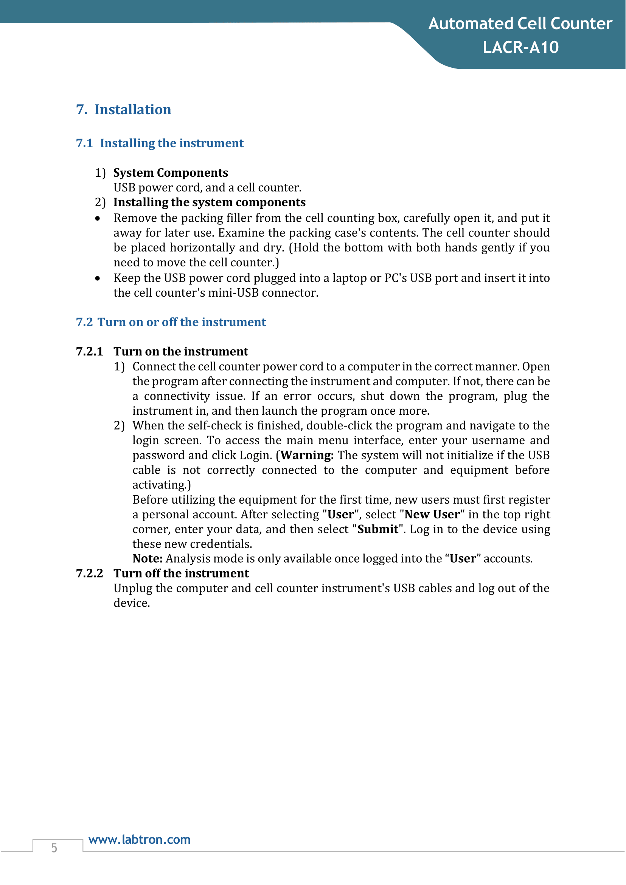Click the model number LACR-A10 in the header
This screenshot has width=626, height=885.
tap(520, 47)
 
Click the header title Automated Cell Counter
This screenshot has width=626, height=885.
tap(520, 24)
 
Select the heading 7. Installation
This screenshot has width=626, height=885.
tap(123, 109)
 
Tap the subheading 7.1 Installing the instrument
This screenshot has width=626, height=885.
tap(160, 143)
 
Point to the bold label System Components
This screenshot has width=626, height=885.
tap(170, 173)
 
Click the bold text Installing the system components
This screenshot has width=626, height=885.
tap(209, 202)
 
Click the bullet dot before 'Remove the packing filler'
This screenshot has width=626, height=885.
tap(98, 219)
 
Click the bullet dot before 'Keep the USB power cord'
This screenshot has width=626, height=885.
tap(98, 278)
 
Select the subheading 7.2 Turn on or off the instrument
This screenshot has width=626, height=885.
tap(171, 322)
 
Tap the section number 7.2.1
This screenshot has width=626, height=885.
tap(89, 351)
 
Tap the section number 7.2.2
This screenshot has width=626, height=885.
tap(89, 574)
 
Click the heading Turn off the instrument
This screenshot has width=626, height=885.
tap(181, 574)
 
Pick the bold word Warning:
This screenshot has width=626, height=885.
tap(307, 456)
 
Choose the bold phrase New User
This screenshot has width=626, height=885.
tap(432, 515)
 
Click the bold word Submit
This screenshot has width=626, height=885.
tap(377, 529)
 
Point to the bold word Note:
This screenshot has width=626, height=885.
tap(147, 559)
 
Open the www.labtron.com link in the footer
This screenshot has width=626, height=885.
tap(139, 840)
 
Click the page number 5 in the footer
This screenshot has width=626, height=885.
tap(54, 848)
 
